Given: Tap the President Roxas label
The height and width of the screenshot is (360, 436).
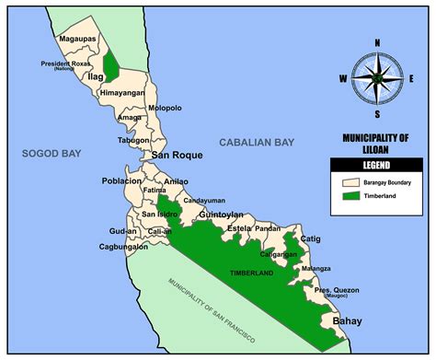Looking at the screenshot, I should pyautogui.click(x=63, y=64).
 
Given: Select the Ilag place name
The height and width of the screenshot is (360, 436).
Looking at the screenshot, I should pyautogui.click(x=95, y=78).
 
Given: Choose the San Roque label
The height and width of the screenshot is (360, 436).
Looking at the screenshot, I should pyautogui.click(x=174, y=155).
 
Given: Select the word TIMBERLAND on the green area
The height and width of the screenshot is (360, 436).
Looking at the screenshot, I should pyautogui.click(x=253, y=273).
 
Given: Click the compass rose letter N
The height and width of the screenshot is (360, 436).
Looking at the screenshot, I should pyautogui.click(x=377, y=42).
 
